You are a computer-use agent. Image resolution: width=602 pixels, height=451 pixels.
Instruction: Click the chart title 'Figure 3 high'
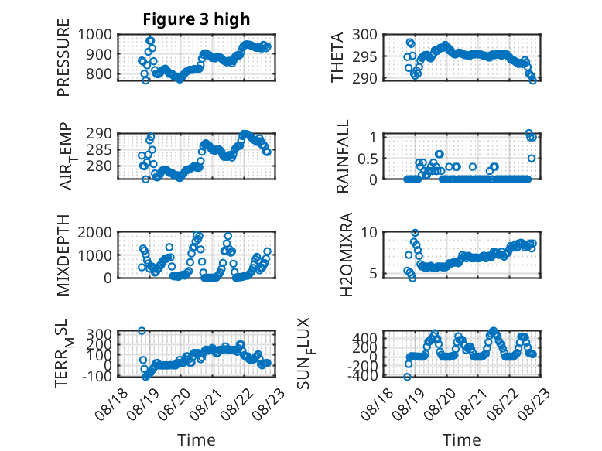tap(197, 19)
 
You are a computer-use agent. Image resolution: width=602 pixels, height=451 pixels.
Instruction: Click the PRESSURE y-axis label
tap(63, 57)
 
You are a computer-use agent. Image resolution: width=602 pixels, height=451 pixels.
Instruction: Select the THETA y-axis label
tap(337, 57)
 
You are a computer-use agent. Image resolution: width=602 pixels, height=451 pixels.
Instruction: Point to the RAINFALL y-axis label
tap(342, 155)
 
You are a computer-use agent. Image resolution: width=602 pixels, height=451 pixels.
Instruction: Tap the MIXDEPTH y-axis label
tap(63, 255)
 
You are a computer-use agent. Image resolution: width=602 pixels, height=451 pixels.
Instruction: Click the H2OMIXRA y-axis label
tap(347, 255)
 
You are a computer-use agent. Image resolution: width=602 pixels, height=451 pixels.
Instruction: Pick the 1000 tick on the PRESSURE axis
tap(95, 35)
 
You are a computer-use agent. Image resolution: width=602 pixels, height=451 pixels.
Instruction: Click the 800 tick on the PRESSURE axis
tap(99, 73)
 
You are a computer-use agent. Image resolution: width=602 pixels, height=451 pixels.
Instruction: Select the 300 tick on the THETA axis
tap(364, 35)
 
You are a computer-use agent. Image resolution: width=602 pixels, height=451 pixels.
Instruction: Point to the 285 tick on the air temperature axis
tap(99, 150)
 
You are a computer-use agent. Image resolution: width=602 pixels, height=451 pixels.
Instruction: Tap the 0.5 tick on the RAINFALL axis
tap(368, 158)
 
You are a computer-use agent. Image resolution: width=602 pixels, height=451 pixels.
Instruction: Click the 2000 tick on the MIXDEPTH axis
tap(95, 232)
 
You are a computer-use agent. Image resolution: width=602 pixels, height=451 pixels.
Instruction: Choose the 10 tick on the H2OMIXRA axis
tap(369, 232)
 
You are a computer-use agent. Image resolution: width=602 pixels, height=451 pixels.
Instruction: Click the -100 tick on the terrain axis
tap(97, 376)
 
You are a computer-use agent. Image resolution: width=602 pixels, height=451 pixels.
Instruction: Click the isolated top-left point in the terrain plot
tap(142, 330)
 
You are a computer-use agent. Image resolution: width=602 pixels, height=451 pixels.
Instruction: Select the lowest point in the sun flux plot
tap(407, 377)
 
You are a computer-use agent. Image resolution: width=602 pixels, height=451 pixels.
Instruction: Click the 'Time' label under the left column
tap(197, 440)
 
